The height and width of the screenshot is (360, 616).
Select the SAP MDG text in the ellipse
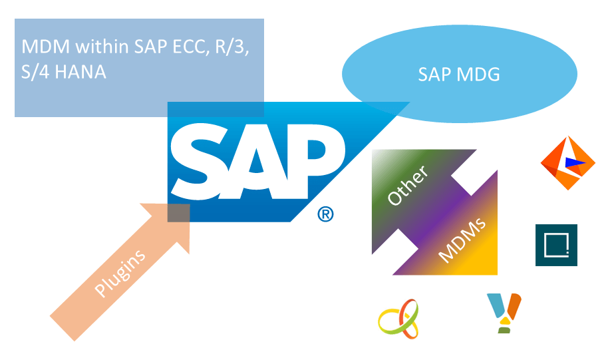click(x=459, y=74)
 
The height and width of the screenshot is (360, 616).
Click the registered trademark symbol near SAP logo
click(x=325, y=214)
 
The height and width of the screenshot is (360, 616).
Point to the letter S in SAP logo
click(x=198, y=160)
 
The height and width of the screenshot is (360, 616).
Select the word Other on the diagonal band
click(x=408, y=184)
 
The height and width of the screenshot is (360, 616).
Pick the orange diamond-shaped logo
click(x=567, y=163)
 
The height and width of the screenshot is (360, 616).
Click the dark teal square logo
click(x=556, y=245)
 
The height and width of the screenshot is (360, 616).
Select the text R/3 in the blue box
click(x=230, y=47)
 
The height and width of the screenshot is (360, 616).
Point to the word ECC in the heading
click(x=185, y=47)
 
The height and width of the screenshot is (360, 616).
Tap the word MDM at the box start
click(x=40, y=47)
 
